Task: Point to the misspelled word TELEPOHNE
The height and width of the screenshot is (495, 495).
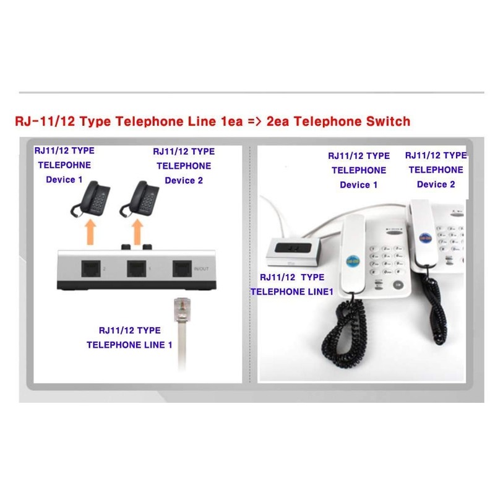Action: point(64,165)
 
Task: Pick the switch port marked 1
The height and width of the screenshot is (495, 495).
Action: point(137,269)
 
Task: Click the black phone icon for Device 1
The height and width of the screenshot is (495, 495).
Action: point(90,198)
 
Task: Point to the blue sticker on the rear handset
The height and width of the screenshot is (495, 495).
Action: point(424,238)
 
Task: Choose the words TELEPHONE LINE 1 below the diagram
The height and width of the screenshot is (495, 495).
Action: point(129,345)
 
